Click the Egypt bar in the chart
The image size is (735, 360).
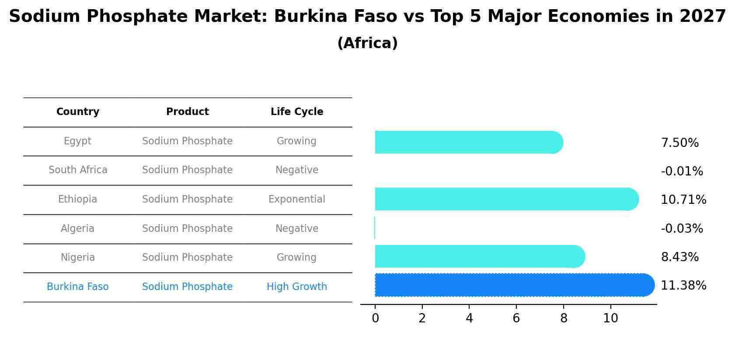pos(468,142)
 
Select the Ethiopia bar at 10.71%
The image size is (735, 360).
pos(506,199)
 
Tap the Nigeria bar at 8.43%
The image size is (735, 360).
pos(479,256)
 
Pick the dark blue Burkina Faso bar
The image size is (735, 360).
pos(514,285)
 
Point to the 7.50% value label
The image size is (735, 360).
pos(679,143)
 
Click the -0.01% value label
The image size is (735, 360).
pos(682,171)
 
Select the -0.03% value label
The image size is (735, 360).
pos(682,229)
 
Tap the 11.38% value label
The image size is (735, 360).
pos(683,286)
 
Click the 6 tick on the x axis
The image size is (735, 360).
pos(516,318)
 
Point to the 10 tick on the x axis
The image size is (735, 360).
pos(610,318)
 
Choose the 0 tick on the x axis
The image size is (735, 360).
pos(375,318)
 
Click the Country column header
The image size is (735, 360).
pos(78,112)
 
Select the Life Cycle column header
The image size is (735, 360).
pos(297,112)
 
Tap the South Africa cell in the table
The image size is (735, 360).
pos(78,170)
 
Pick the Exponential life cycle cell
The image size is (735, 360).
pos(297,199)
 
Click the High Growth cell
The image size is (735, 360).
pos(297,287)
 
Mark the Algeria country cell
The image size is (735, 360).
pos(78,229)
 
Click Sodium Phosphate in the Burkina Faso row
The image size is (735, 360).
pos(187,287)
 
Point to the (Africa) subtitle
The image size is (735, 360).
pos(367,43)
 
